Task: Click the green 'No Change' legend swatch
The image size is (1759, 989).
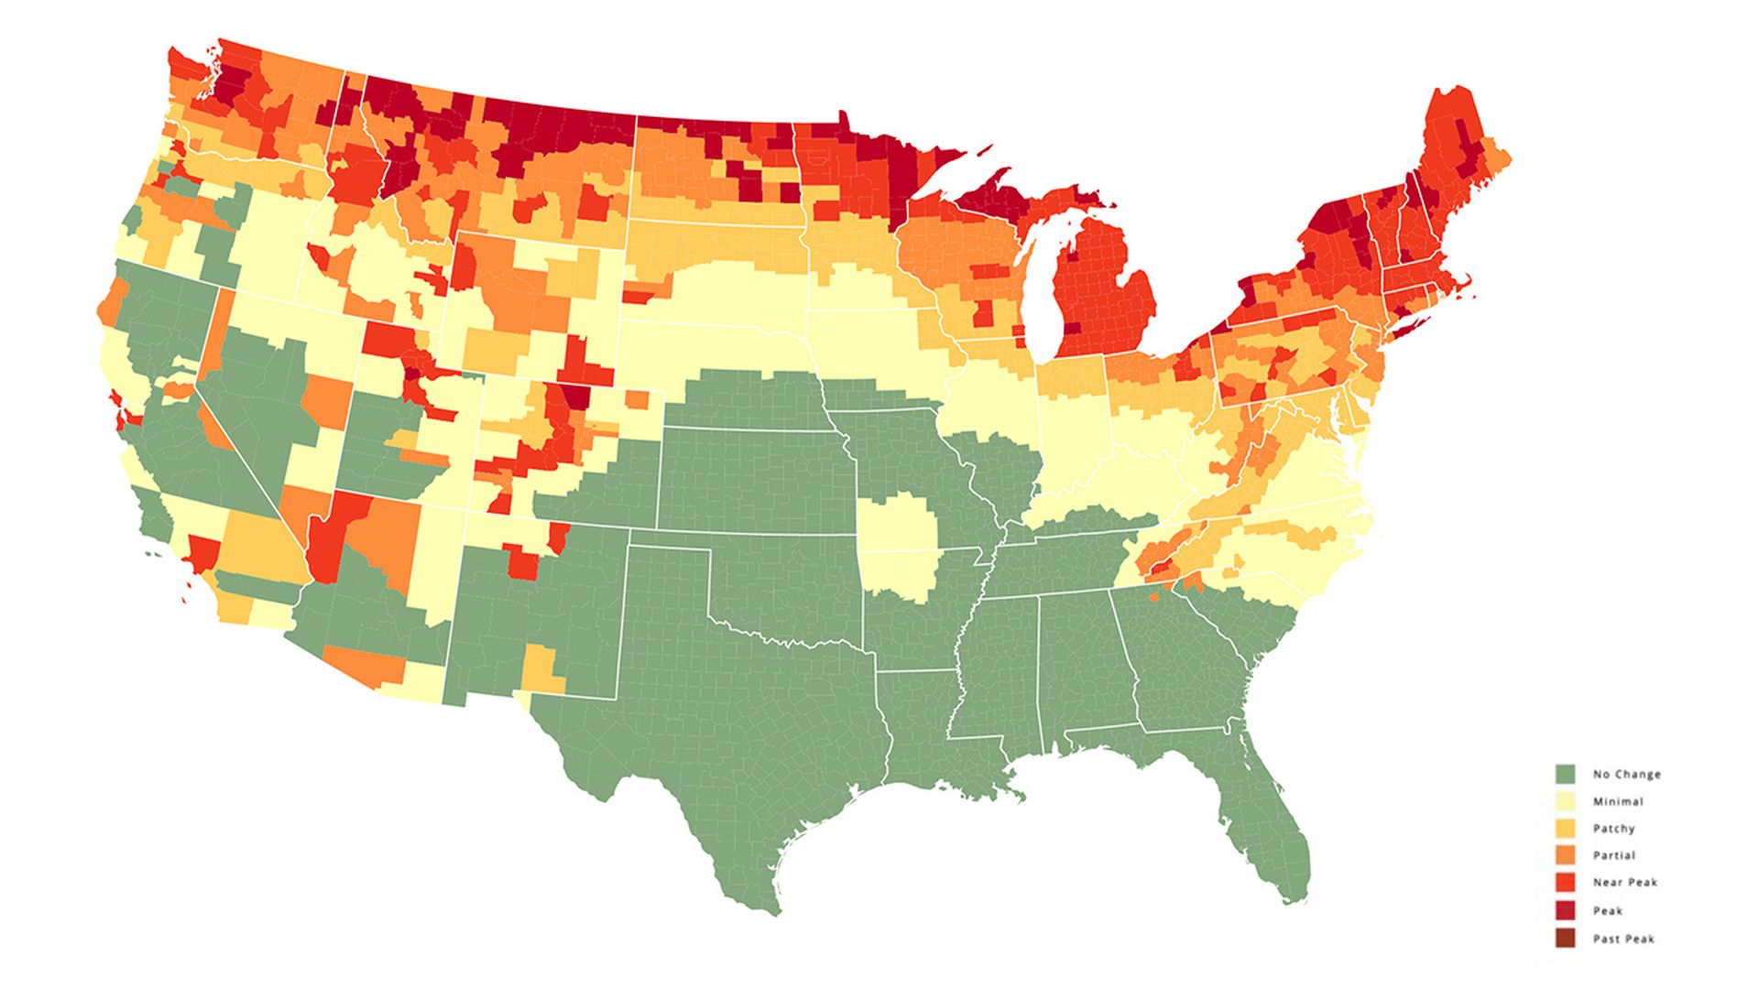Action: point(1566,774)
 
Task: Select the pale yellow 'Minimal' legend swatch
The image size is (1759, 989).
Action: point(1566,801)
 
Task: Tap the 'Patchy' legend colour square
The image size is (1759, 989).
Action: point(1566,828)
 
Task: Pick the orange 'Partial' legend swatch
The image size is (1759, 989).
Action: point(1566,855)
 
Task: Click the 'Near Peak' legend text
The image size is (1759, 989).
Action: point(1624,883)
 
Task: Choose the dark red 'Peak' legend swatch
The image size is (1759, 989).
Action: point(1566,910)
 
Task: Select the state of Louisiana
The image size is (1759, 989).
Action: point(925,723)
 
